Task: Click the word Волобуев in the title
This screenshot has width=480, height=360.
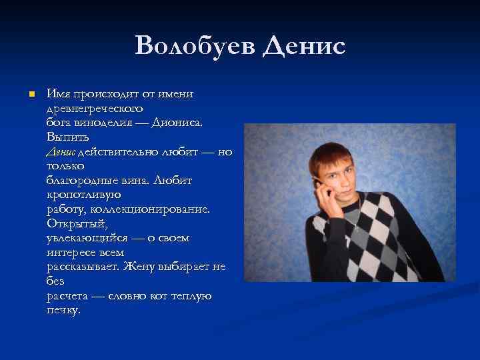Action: [x=195, y=47]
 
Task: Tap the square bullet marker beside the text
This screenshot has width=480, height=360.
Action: [x=31, y=95]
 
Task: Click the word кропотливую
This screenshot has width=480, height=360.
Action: [x=83, y=195]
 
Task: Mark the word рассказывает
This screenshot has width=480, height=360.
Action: [x=83, y=267]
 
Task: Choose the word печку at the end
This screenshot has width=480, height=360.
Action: [x=63, y=310]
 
